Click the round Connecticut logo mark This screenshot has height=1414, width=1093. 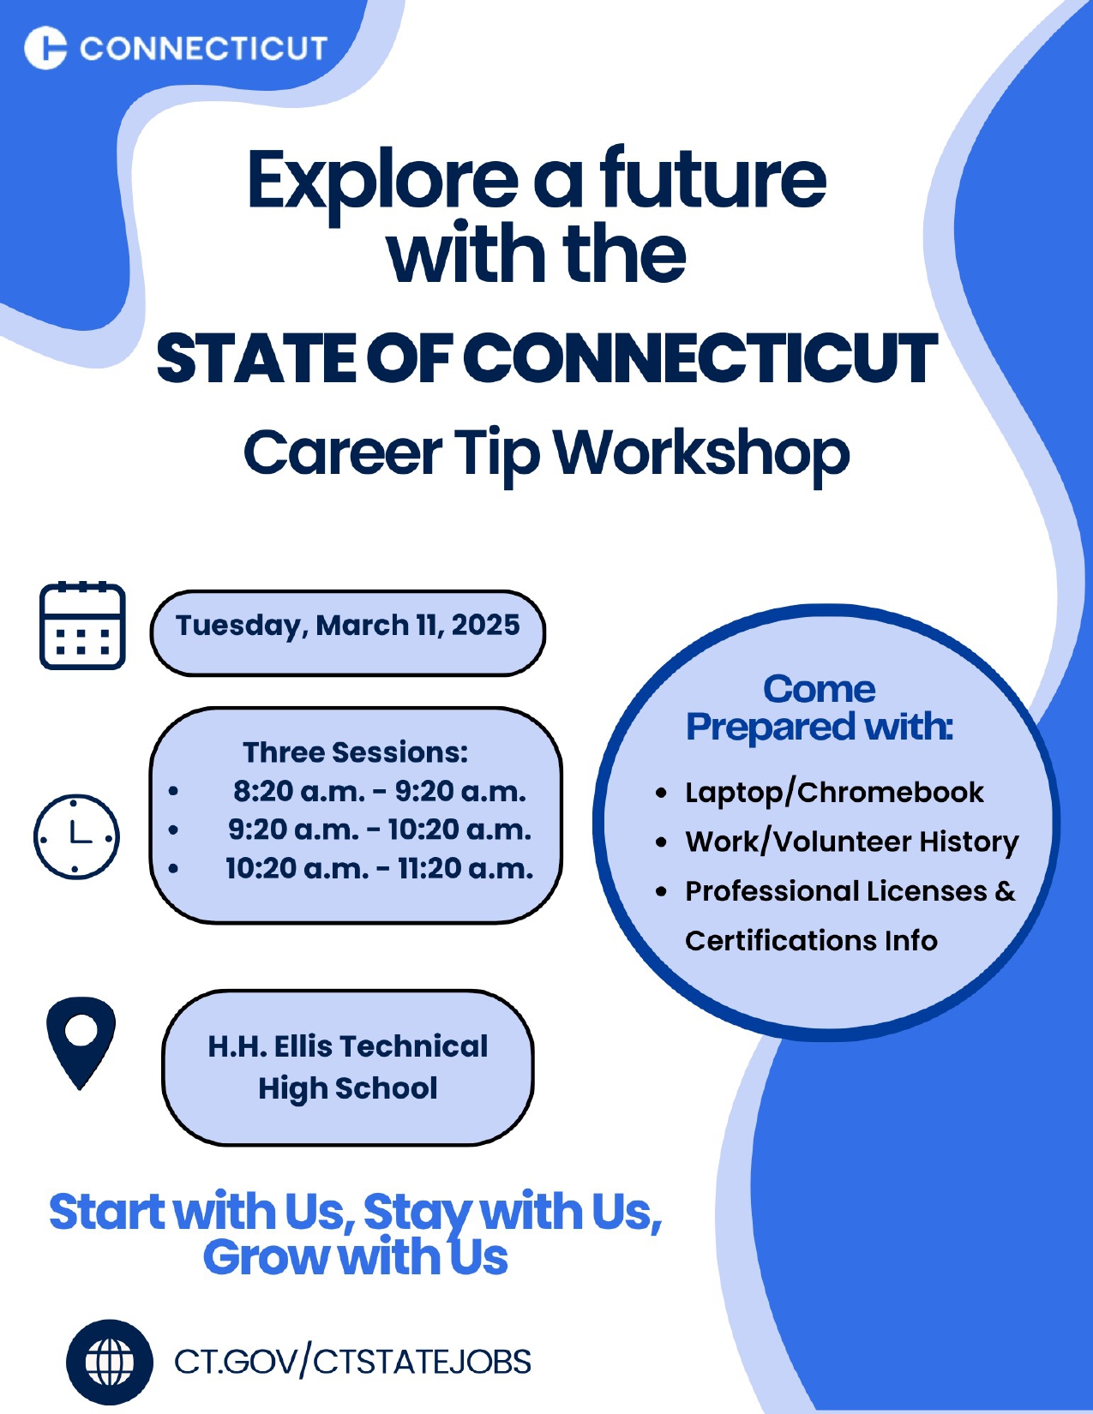pyautogui.click(x=45, y=47)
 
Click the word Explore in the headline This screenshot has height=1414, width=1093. pyautogui.click(x=383, y=182)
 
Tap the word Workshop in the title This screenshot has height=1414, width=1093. pyautogui.click(x=702, y=454)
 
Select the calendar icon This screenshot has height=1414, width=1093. pyautogui.click(x=82, y=626)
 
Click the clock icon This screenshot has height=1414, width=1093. pyautogui.click(x=76, y=836)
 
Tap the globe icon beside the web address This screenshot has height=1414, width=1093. pyautogui.click(x=110, y=1362)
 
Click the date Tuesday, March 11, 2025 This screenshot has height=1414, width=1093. pyautogui.click(x=348, y=626)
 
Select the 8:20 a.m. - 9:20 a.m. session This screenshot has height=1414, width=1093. pyautogui.click(x=380, y=792)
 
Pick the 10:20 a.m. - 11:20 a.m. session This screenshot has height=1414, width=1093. pyautogui.click(x=380, y=869)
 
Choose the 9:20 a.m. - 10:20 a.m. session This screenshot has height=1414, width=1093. pyautogui.click(x=380, y=830)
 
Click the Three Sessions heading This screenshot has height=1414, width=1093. pyautogui.click(x=356, y=753)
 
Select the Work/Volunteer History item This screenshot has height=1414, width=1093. pyautogui.click(x=851, y=842)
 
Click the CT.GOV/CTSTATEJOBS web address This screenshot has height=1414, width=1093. pyautogui.click(x=352, y=1362)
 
